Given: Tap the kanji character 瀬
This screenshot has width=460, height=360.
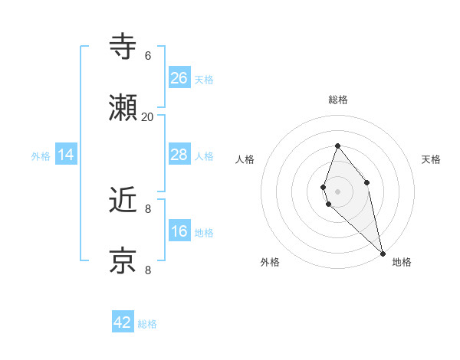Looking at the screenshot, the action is tap(123, 108).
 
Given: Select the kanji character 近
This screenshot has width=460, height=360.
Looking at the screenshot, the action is tap(123, 200).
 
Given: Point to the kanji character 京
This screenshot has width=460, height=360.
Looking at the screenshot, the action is tap(123, 260).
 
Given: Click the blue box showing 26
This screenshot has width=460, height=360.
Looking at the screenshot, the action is tap(179, 77).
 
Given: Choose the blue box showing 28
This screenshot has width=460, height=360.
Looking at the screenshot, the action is tap(179, 155).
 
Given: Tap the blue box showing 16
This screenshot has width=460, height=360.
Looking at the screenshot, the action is tap(179, 231).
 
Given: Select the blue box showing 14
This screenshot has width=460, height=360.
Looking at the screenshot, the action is tap(66, 155).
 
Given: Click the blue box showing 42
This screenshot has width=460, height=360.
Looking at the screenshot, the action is tap(123, 322).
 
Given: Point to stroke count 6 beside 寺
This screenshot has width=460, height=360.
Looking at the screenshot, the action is tap(148, 56).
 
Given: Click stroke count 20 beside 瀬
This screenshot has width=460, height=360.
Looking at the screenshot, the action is tap(148, 116).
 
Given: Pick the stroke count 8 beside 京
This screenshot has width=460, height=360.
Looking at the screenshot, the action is tap(148, 269).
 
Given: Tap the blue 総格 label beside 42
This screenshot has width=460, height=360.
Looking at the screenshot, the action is tap(147, 324).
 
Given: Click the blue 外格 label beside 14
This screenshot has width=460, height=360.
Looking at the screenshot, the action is tap(41, 156).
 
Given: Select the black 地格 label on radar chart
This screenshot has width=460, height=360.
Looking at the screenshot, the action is tap(402, 262).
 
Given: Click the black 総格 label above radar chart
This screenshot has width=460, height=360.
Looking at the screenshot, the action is tap(338, 100).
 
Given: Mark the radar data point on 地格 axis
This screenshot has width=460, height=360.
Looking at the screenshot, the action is tap(383, 253).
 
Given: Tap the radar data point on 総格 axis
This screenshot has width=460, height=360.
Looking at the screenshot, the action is tap(337, 146).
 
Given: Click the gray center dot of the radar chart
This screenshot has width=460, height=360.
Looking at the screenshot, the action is tap(337, 191).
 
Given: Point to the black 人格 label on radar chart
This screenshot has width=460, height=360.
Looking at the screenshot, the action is tap(245, 159).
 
